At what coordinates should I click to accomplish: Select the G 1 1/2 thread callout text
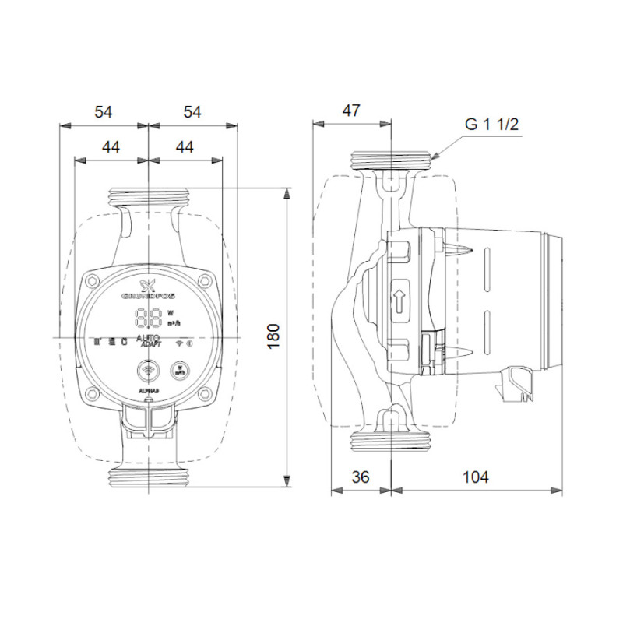[492, 125]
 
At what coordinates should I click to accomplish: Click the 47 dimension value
[351, 111]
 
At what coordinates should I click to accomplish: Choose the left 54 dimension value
[104, 111]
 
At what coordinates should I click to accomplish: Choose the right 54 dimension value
[192, 111]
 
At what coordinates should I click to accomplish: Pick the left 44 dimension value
[111, 146]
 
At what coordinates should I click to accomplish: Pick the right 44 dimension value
[184, 146]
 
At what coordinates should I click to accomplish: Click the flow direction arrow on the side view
[400, 300]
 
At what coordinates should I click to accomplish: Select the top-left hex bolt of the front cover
[93, 282]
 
